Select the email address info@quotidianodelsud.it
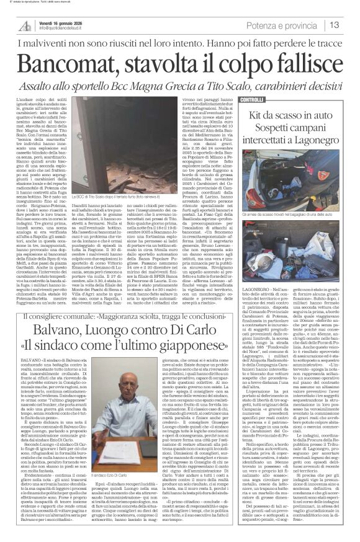[65, 29]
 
